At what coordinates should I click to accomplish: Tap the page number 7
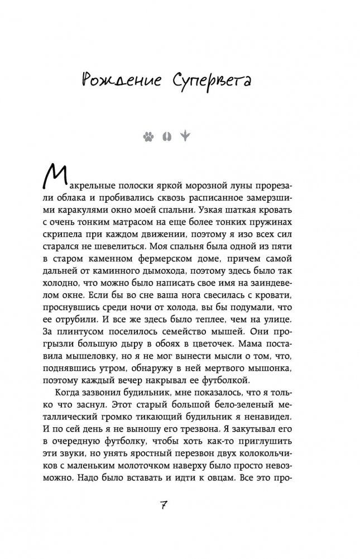pyautogui.click(x=180, y=505)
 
